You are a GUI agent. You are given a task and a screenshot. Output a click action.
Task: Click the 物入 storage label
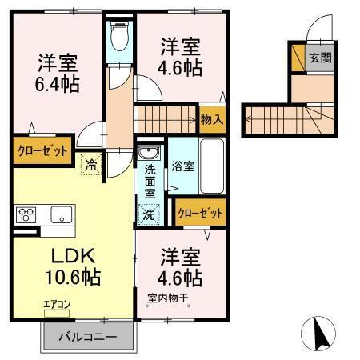(x=212, y=119)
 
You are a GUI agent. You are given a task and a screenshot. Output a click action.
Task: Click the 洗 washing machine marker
(x=148, y=214)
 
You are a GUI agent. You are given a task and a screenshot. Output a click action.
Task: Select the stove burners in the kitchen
(x=26, y=214)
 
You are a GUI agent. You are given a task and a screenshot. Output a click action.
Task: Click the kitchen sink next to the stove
(x=61, y=214)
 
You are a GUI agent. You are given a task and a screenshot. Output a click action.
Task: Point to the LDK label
(x=74, y=258)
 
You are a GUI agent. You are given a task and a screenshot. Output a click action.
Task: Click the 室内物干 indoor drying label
(x=167, y=299)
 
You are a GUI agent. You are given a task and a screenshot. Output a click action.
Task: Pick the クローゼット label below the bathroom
(x=200, y=213)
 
